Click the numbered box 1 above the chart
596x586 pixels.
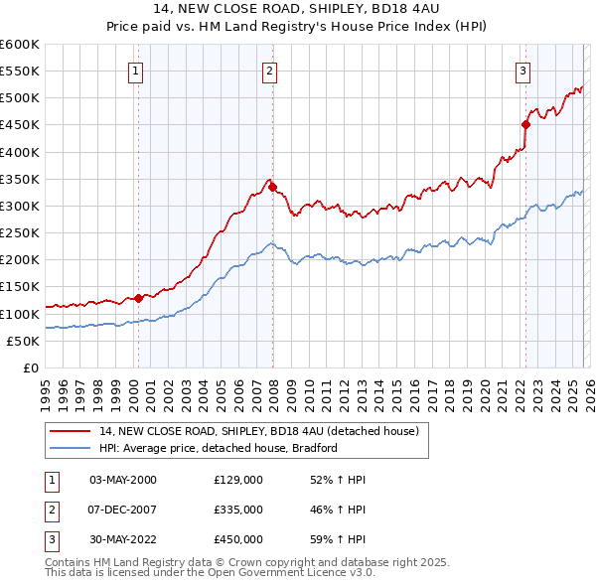click(x=134, y=70)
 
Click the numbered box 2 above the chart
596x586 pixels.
click(x=269, y=70)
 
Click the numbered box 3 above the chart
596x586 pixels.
click(x=522, y=70)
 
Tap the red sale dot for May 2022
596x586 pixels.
click(x=526, y=124)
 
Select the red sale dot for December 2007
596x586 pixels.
click(x=272, y=186)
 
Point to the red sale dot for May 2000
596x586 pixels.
click(x=138, y=297)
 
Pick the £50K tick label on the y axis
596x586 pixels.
click(x=24, y=341)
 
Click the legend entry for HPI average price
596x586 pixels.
click(x=219, y=448)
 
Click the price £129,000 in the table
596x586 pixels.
click(x=238, y=480)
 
